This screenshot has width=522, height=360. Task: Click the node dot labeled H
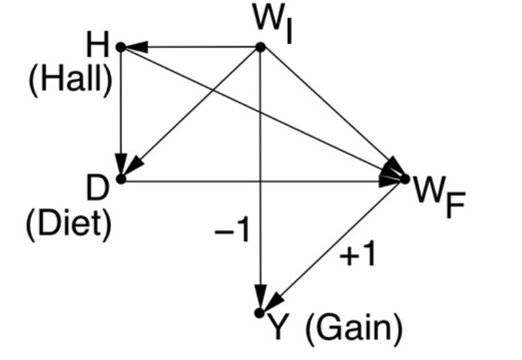[121, 47]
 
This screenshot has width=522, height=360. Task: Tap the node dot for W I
[260, 47]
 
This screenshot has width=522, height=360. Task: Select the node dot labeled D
[121, 179]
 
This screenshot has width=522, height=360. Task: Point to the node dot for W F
[405, 179]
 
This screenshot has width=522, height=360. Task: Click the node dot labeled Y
[259, 313]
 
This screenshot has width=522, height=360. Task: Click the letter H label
[98, 44]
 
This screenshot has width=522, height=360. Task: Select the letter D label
[98, 188]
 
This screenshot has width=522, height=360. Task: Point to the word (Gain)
[354, 329]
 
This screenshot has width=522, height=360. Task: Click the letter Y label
[278, 327]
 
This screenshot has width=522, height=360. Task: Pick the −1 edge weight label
[232, 229]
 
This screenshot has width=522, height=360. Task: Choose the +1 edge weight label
[357, 254]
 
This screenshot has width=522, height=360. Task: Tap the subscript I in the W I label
[289, 32]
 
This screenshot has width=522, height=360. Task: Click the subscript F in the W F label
[455, 206]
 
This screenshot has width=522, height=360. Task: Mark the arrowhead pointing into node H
[136, 47]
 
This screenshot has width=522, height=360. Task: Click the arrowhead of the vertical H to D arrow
[121, 164]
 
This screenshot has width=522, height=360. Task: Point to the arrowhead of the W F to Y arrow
[275, 302]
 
